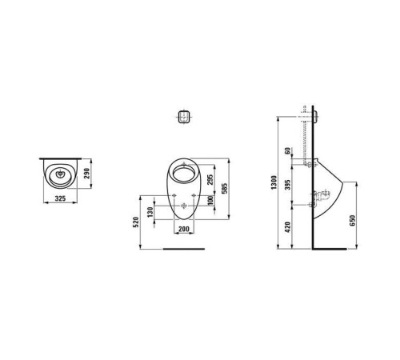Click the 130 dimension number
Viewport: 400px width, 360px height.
tap(149, 213)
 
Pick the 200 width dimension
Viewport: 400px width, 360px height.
tap(186, 230)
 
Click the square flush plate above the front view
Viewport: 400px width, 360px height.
tap(185, 115)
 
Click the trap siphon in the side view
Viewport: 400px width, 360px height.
tap(325, 194)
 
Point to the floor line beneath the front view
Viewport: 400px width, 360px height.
tap(184, 250)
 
